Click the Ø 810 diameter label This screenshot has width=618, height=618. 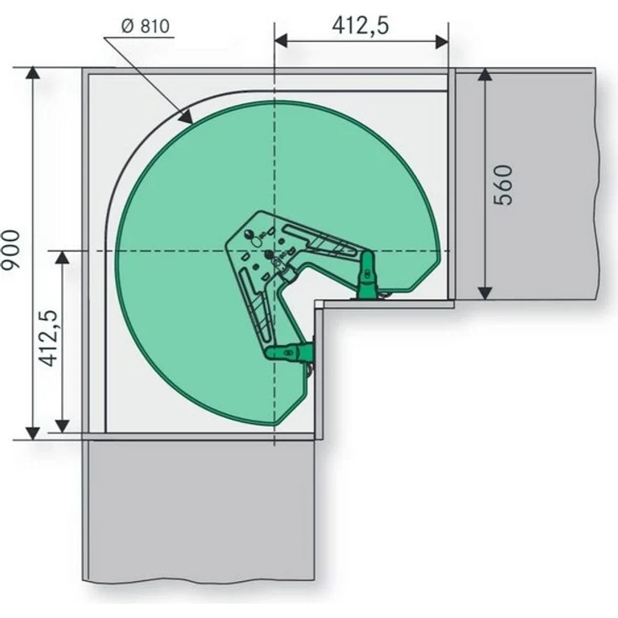pos(145,26)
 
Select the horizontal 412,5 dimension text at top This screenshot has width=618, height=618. pos(360,26)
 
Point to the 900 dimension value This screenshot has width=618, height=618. pos(10,249)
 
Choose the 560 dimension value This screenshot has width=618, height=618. pos(503,185)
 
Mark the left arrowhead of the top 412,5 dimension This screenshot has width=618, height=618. pos(280,41)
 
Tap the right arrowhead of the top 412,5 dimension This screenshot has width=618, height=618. pos(442,41)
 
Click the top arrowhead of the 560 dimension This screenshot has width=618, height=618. pos(485,74)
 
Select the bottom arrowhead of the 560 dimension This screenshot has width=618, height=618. pos(485,293)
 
